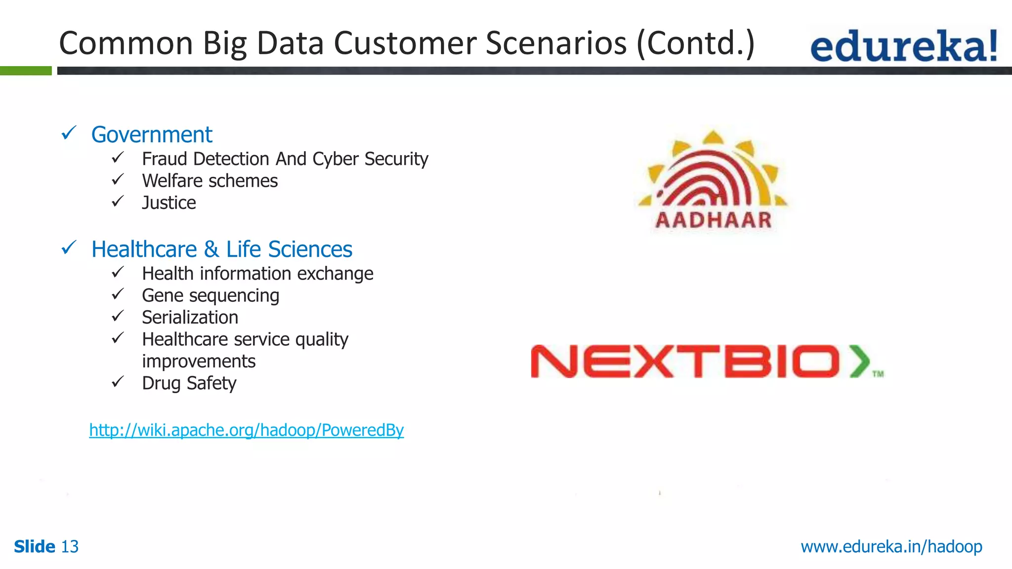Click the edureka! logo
[x=903, y=45]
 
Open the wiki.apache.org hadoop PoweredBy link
[x=246, y=430]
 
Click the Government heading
[x=152, y=135]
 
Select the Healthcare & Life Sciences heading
[x=222, y=249]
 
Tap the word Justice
[x=169, y=203]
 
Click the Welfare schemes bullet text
[x=210, y=181]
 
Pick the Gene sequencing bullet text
[x=211, y=296]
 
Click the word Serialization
[x=190, y=318]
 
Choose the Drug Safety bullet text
[x=189, y=383]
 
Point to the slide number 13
[x=70, y=547]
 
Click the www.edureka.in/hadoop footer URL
[x=891, y=547]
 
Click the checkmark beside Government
[x=69, y=133]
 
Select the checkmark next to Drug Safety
[x=118, y=382]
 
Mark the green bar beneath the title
[x=26, y=71]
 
